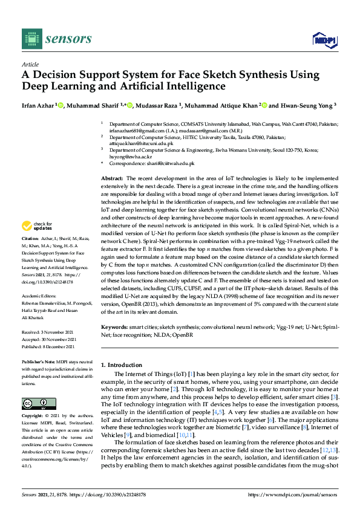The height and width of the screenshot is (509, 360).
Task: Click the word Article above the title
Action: pos(30,65)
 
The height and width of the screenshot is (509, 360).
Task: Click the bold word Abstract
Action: pos(112,179)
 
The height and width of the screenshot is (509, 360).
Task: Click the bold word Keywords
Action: pos(115,327)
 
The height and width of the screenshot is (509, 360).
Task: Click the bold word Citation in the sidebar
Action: pos(31,256)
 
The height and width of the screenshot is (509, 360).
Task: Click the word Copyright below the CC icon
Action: pos(33,417)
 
